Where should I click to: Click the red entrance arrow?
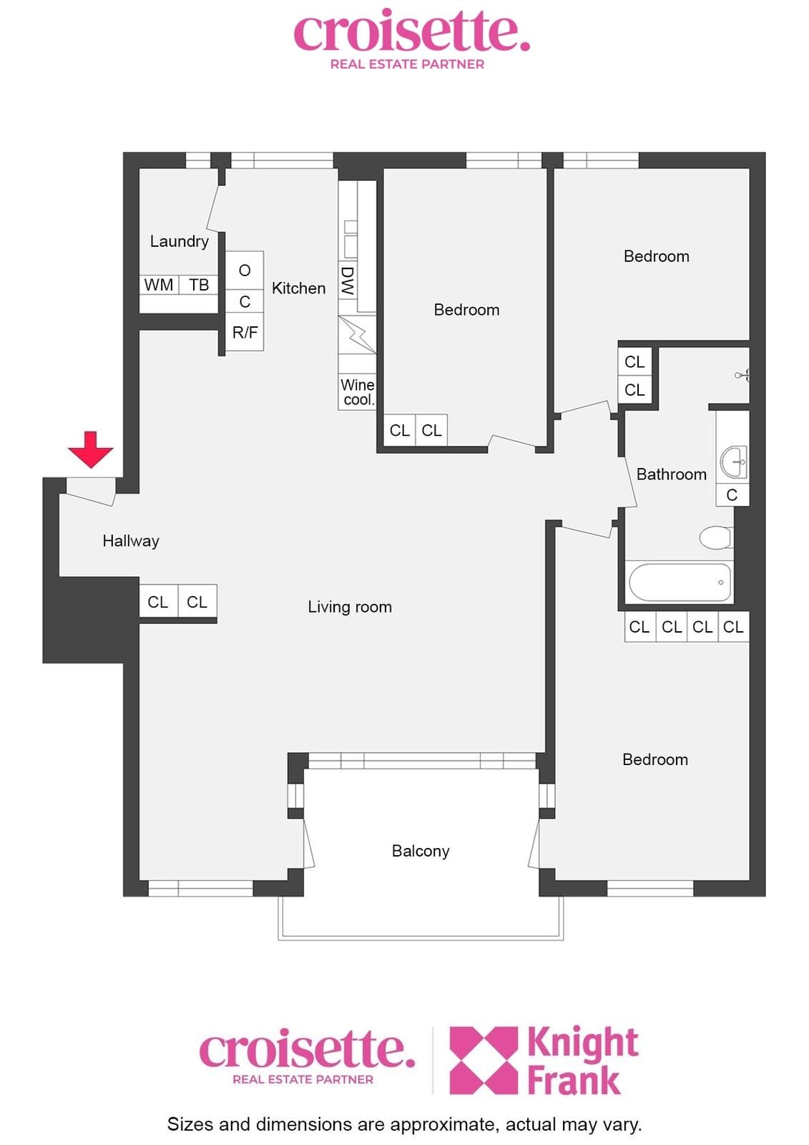tap(90, 449)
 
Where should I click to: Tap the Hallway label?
tap(131, 541)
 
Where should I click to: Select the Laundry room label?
tap(180, 240)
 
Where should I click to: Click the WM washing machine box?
tap(159, 285)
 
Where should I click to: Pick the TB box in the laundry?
tap(199, 285)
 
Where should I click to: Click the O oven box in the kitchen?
tap(245, 271)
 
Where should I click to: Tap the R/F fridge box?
tap(245, 332)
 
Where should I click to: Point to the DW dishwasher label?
tap(348, 282)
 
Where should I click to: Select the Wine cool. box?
tap(357, 392)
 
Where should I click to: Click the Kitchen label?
tap(298, 288)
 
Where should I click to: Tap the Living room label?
tap(350, 607)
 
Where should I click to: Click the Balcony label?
tap(421, 851)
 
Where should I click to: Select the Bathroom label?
tap(672, 474)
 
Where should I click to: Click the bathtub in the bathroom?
tap(680, 583)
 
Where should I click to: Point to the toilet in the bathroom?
tap(717, 537)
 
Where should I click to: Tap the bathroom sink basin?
tap(734, 462)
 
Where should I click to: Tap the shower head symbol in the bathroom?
tap(743, 375)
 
